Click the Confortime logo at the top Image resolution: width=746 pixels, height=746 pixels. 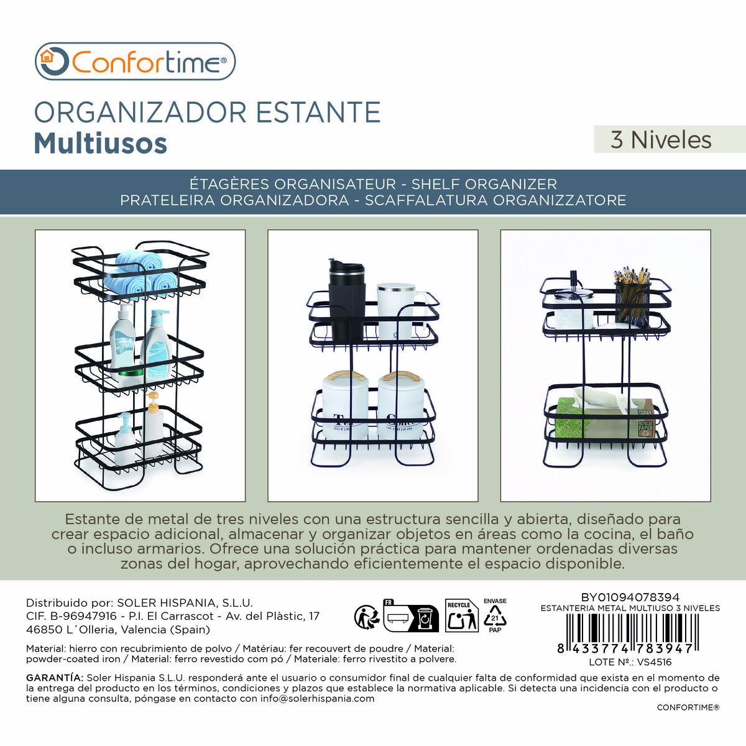coord(135,62)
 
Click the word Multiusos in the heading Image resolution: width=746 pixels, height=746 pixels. coord(101,142)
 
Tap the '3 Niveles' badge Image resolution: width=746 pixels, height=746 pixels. coord(661,139)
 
